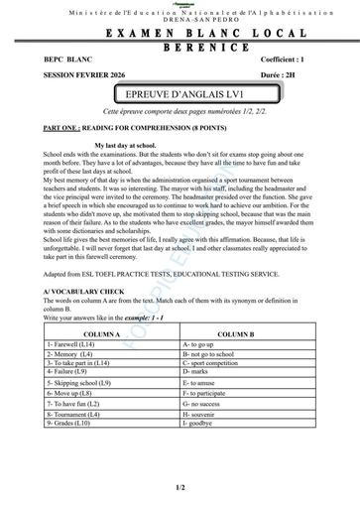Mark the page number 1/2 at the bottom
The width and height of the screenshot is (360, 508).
click(x=180, y=488)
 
